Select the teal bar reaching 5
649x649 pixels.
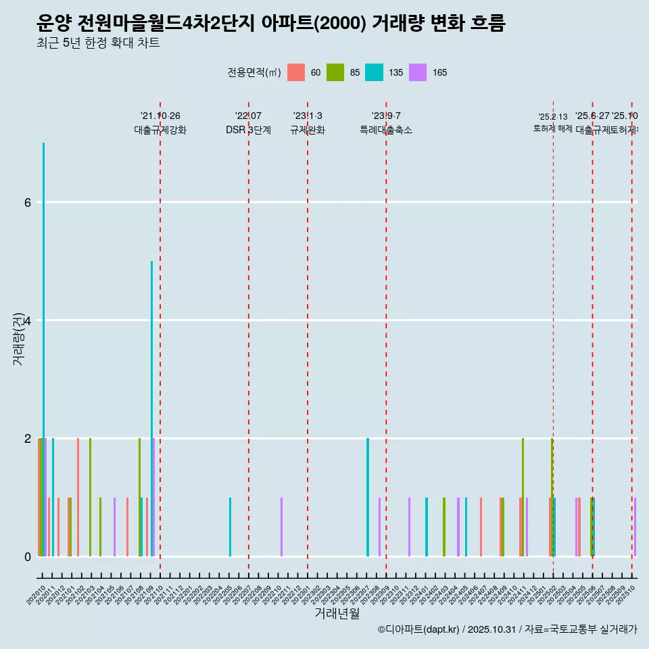pos(151,408)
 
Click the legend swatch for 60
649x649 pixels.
pos(296,72)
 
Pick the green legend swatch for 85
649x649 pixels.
pos(335,72)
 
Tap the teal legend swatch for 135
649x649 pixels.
pos(374,72)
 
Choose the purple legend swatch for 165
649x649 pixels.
pos(418,72)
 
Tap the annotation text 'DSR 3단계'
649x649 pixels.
pos(248,130)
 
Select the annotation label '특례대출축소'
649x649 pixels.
pos(385,130)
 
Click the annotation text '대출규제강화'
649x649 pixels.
pos(160,130)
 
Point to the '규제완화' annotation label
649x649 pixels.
pos(307,130)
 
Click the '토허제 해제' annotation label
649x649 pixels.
pos(553,128)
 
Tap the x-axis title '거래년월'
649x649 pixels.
pos(337,613)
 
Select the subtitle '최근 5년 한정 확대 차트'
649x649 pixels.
pos(98,43)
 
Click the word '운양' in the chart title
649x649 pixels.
pos(54,24)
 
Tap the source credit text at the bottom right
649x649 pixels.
pos(507,629)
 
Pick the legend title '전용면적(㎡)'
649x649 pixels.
pos(254,72)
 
